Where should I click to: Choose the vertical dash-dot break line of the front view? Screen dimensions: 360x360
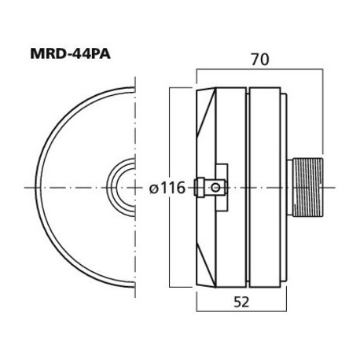[135, 236]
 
